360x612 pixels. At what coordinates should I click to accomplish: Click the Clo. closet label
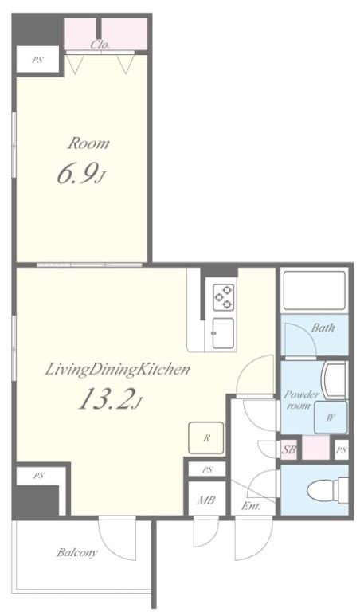point(100,45)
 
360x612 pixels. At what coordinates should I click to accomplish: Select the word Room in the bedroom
point(88,144)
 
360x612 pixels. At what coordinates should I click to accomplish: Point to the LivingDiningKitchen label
point(116,369)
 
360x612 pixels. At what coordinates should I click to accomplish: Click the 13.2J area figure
point(109,401)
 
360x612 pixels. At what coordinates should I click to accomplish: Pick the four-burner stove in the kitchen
point(223,296)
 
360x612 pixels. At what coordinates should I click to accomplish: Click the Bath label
point(323,328)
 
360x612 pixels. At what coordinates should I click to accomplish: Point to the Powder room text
point(301,400)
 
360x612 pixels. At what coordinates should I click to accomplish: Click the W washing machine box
point(329,415)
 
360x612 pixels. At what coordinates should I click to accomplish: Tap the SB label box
point(288,449)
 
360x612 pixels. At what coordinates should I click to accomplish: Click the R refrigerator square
point(206,437)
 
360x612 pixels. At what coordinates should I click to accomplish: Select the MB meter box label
point(206,500)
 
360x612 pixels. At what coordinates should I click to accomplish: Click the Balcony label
point(77,552)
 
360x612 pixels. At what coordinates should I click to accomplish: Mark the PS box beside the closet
point(37,60)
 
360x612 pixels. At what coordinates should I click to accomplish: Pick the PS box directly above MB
point(206,469)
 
